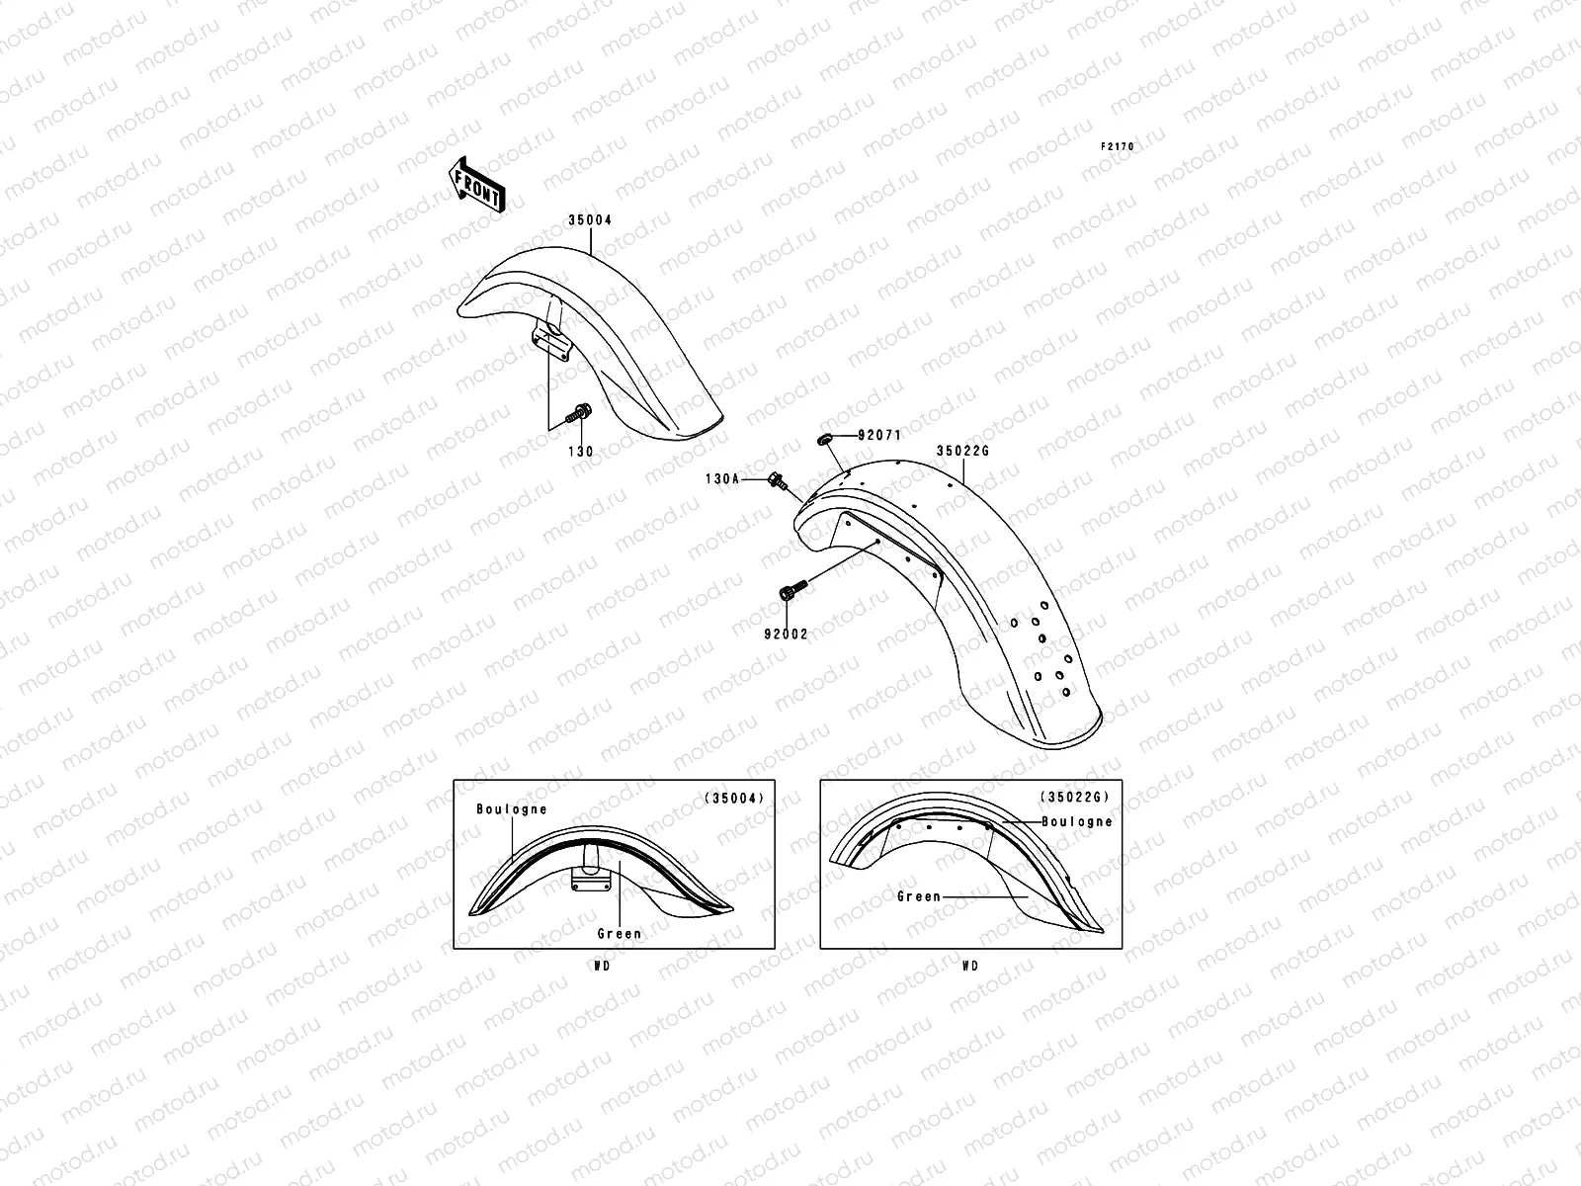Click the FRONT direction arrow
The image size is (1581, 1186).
[x=476, y=185]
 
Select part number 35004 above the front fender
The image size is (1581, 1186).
[x=590, y=220]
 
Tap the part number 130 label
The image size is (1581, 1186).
[x=581, y=452]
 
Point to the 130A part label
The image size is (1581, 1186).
[x=722, y=479]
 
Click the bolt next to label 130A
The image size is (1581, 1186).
[x=778, y=480]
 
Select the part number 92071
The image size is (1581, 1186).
[x=879, y=435]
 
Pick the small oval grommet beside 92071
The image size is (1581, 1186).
[x=825, y=438]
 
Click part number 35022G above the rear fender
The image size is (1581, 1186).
[x=963, y=451]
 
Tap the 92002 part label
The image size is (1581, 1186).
[x=786, y=635]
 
